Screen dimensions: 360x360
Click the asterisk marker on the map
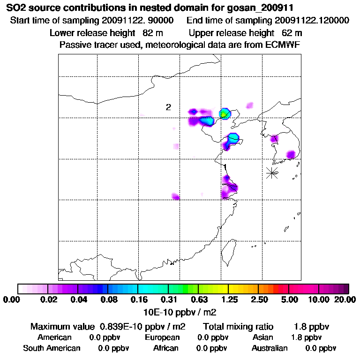click(272, 172)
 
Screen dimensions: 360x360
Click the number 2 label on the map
click(168, 107)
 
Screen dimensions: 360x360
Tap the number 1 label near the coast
click(225, 166)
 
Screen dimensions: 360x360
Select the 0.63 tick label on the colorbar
click(199, 300)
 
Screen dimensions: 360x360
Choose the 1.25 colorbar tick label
click(229, 300)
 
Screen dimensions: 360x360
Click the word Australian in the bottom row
click(270, 348)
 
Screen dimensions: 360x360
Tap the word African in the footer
click(166, 348)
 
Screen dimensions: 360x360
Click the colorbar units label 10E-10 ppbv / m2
click(180, 311)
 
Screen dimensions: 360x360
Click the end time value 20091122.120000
click(312, 21)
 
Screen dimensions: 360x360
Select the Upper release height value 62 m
click(292, 33)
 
